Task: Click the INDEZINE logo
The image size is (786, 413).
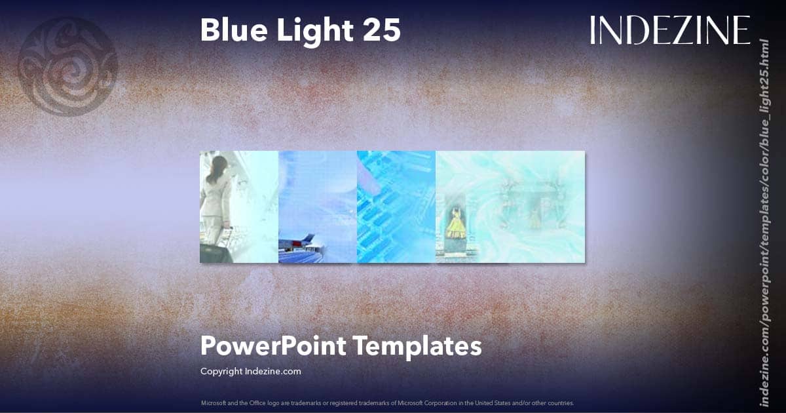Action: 669,30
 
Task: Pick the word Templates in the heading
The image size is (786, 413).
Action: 417,345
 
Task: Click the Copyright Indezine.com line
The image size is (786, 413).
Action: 250,371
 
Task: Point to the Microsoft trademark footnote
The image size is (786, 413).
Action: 387,403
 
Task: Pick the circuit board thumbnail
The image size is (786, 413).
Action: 396,206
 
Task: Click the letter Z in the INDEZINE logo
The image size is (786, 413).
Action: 681,30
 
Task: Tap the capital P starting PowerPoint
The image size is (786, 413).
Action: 208,345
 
